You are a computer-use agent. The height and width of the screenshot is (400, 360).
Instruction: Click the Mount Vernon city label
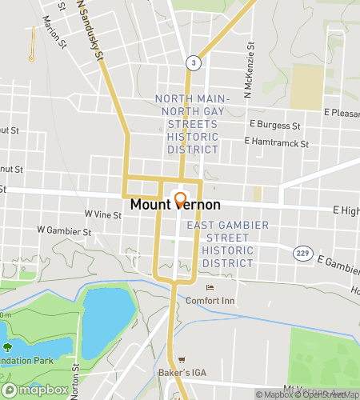175,205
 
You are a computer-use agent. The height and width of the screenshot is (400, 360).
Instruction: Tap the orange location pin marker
180,200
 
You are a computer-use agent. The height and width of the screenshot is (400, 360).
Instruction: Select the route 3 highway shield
193,62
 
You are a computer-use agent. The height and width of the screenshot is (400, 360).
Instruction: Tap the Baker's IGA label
182,374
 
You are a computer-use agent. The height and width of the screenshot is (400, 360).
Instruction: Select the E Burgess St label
274,125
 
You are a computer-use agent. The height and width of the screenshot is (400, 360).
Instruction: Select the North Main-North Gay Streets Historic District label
191,124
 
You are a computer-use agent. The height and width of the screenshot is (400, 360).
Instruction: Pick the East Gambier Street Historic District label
227,244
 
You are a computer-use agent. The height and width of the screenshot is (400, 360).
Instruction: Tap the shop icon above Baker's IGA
182,361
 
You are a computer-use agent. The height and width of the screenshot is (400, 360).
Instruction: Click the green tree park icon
8,347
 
